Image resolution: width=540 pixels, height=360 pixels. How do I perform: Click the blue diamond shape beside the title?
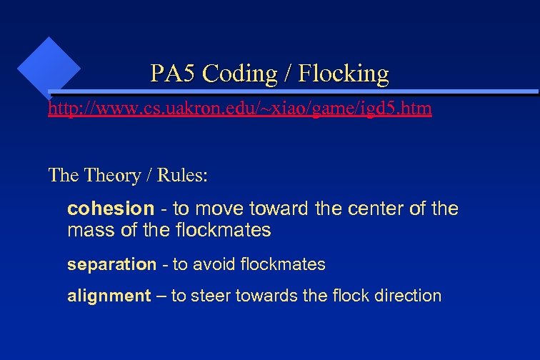pos(49,67)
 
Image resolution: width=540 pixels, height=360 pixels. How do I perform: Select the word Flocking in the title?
pos(344,73)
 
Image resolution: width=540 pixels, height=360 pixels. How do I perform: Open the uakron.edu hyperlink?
pos(239,109)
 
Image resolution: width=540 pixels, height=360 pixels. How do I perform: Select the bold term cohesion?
pos(110,209)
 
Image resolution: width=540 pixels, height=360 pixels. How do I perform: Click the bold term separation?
pos(111,265)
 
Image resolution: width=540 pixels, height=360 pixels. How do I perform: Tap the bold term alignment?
pos(109,296)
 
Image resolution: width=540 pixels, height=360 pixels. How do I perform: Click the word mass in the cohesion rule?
pos(86,231)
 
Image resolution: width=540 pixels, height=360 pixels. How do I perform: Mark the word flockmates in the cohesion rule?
pos(223,231)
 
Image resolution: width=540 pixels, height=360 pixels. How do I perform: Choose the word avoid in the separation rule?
pos(212,265)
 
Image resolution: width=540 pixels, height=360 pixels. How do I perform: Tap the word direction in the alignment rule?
pos(404,296)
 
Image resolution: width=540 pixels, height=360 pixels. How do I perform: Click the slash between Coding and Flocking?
pos(288,73)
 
